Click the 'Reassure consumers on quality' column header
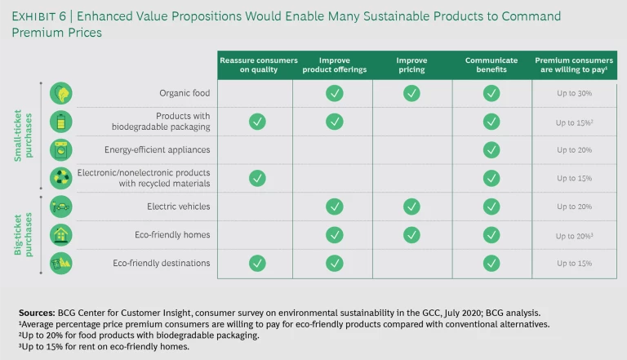coord(256,64)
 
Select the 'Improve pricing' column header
coord(411,64)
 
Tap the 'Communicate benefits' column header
coord(490,64)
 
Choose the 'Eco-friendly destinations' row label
coord(162,263)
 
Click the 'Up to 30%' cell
coord(574,94)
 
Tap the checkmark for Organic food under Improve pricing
coord(411,93)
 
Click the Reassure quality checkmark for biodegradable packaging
coord(256,122)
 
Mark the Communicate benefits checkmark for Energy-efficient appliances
coord(491,150)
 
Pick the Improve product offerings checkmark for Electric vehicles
coord(334,207)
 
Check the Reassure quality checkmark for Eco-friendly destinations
coord(256,263)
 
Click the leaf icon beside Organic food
coord(61,93)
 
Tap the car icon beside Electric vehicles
coord(61,207)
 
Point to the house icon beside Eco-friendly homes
coord(61,235)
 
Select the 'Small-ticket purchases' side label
coord(23,136)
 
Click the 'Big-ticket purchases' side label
coord(23,236)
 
